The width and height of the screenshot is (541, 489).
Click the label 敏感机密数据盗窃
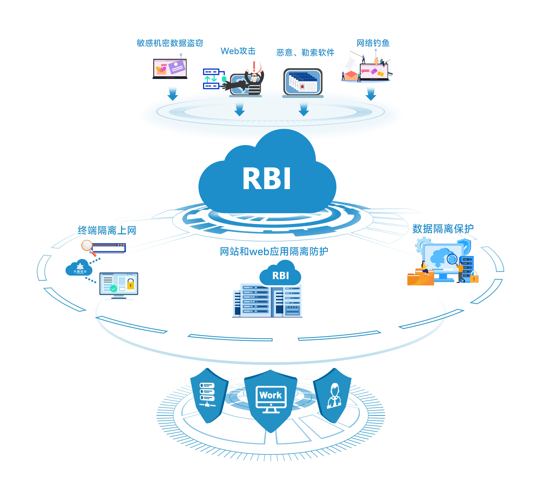tap(170, 43)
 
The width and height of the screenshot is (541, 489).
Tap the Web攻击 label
tap(238, 51)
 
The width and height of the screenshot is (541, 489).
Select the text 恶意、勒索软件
tap(305, 52)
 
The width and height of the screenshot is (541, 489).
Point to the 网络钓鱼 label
tap(373, 43)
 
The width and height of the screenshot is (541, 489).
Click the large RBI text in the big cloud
tap(267, 179)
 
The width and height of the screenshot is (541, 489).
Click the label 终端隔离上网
tap(107, 230)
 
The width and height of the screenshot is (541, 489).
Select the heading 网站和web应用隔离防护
tap(274, 251)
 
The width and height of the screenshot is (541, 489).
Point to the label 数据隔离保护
tap(443, 229)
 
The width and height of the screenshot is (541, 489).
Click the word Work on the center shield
tap(270, 395)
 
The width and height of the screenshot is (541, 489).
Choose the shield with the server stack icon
tap(208, 395)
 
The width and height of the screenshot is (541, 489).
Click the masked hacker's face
tap(254, 78)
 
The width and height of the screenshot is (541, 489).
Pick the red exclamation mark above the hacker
tap(254, 67)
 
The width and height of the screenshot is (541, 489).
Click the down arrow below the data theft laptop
tap(173, 94)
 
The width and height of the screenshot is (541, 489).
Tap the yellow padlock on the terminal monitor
tap(130, 285)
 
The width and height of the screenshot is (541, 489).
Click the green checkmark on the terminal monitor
tap(113, 289)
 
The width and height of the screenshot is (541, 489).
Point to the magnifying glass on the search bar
tap(87, 246)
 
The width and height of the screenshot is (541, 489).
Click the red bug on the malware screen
tap(302, 86)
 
